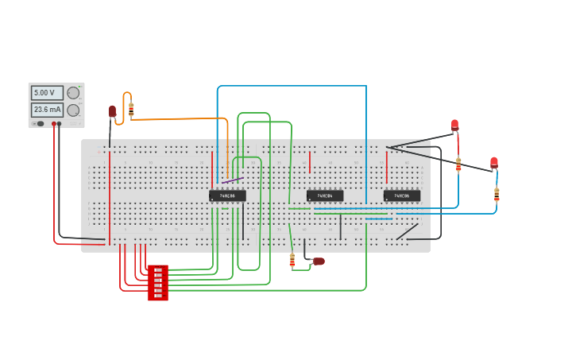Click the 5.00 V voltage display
click(x=47, y=93)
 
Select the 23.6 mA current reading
click(x=47, y=110)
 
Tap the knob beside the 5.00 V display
click(x=73, y=93)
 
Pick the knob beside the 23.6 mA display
click(x=73, y=110)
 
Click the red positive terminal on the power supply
click(x=54, y=124)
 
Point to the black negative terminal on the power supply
click(x=60, y=124)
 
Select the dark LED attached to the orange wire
click(x=112, y=111)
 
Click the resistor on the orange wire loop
click(x=131, y=109)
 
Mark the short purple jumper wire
click(x=233, y=180)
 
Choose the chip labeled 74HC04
click(x=325, y=195)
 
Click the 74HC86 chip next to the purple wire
click(x=227, y=195)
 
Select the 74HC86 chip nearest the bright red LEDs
click(x=402, y=195)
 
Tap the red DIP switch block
click(x=158, y=283)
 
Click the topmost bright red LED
click(x=454, y=124)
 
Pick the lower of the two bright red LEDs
click(x=494, y=163)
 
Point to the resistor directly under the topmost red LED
click(x=458, y=165)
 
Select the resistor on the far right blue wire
click(x=497, y=194)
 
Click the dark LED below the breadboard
click(x=319, y=261)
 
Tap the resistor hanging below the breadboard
click(x=292, y=259)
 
